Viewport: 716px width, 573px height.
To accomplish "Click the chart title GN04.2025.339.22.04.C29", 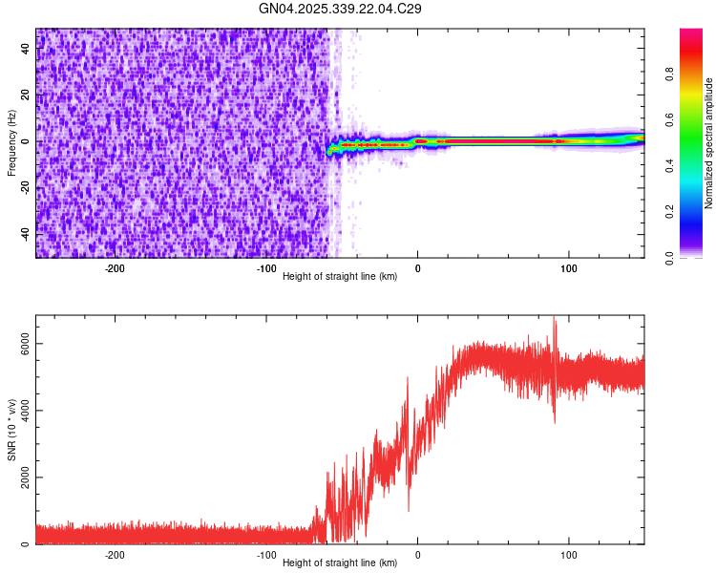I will (341, 10).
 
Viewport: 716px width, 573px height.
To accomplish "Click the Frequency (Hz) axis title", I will (11, 143).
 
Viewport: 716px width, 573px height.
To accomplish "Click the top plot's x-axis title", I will (340, 276).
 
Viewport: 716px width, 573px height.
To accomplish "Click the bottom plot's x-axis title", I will (340, 562).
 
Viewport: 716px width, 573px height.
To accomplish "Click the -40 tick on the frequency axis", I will (25, 234).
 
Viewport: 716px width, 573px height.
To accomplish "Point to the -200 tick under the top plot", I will (115, 267).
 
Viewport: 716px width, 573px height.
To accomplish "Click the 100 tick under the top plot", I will (569, 267).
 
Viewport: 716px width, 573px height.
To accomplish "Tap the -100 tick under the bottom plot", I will (265, 554).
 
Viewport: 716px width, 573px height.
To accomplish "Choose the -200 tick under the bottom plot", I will (115, 554).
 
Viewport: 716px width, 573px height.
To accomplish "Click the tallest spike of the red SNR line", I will (555, 319).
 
